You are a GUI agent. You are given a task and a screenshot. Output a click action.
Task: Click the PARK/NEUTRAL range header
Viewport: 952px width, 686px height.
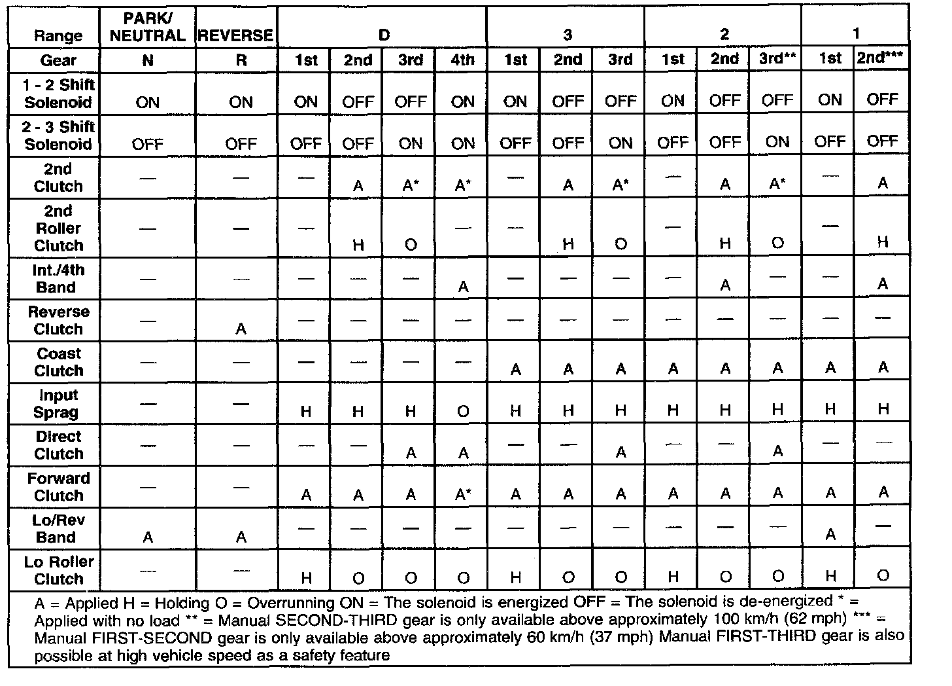(x=148, y=27)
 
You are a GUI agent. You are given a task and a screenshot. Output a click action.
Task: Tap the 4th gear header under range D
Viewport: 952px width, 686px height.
(x=463, y=60)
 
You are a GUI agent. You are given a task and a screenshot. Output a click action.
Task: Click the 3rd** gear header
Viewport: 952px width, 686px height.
(x=777, y=59)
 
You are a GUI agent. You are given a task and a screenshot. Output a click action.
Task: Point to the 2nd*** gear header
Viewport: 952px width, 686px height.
(x=881, y=58)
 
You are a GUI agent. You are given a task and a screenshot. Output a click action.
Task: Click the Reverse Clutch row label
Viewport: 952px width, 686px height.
(x=58, y=320)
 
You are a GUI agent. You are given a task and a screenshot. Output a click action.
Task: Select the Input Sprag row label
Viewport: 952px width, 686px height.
(x=58, y=403)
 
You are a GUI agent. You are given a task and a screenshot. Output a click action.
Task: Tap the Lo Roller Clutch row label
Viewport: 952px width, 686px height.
(x=58, y=570)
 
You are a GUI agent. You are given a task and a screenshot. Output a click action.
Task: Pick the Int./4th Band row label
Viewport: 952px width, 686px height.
(x=58, y=278)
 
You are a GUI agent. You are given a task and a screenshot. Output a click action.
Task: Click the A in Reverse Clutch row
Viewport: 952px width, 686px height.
(x=241, y=329)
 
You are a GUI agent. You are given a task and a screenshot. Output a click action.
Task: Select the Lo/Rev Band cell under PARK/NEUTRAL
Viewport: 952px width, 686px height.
(x=148, y=537)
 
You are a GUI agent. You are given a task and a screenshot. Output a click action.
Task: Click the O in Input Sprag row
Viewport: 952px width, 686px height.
(x=463, y=412)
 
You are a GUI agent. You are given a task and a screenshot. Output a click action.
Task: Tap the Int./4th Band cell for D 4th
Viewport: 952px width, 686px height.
(x=463, y=287)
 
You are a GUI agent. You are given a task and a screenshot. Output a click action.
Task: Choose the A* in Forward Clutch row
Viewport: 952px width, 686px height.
(x=463, y=495)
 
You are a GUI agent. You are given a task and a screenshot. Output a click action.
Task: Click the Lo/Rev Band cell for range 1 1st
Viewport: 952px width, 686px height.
(x=830, y=535)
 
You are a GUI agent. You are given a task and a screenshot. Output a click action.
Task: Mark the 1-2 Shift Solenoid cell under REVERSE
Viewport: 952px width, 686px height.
(x=241, y=102)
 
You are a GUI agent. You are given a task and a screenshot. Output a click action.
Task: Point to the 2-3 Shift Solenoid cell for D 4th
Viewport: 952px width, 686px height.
(x=463, y=143)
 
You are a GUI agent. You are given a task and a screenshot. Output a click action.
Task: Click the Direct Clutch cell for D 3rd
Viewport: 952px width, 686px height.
(x=411, y=453)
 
